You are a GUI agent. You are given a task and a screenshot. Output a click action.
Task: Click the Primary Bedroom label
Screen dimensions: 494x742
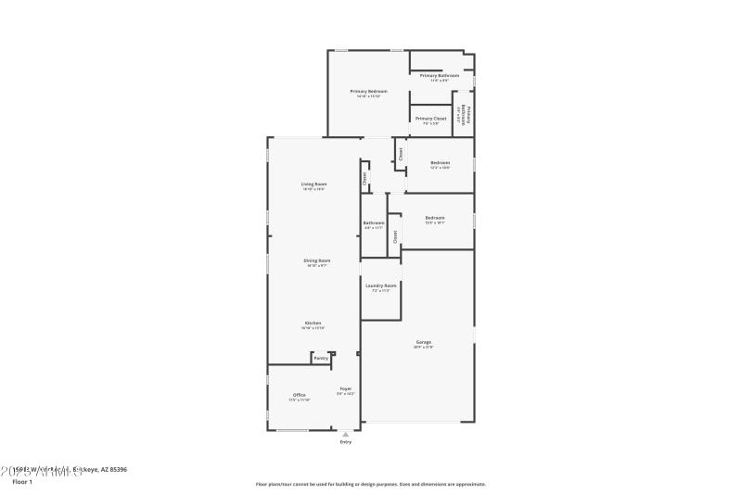(368, 91)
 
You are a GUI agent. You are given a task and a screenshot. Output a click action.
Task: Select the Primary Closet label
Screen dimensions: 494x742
(430, 119)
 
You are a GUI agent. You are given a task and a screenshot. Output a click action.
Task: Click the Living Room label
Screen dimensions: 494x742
(313, 184)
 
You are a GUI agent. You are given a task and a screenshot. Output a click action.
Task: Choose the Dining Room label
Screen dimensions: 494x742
(316, 260)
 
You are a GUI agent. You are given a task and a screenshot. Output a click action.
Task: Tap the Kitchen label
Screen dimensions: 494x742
(313, 323)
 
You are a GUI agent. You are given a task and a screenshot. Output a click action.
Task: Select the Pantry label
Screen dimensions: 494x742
(320, 358)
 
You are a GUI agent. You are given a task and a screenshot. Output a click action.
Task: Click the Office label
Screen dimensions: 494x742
(300, 395)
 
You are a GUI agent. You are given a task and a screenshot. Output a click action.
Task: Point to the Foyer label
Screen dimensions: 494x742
(345, 388)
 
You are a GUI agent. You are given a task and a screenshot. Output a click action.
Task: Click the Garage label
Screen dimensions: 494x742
(423, 342)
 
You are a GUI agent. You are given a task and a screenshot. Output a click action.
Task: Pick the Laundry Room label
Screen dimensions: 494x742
(380, 285)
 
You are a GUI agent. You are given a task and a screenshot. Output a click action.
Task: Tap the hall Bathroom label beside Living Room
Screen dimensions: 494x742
(374, 222)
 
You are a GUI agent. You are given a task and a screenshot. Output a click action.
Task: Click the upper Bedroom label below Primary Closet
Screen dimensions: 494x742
(440, 162)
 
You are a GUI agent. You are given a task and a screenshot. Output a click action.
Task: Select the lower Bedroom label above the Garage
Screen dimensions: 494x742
(435, 218)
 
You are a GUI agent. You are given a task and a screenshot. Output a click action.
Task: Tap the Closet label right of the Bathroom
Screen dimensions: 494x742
(394, 236)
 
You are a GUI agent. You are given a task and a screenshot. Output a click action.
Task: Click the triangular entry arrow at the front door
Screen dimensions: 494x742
(346, 433)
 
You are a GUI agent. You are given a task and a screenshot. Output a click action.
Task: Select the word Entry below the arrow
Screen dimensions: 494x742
(346, 442)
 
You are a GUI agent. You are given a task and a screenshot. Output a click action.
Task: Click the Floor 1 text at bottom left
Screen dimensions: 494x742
(21, 482)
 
